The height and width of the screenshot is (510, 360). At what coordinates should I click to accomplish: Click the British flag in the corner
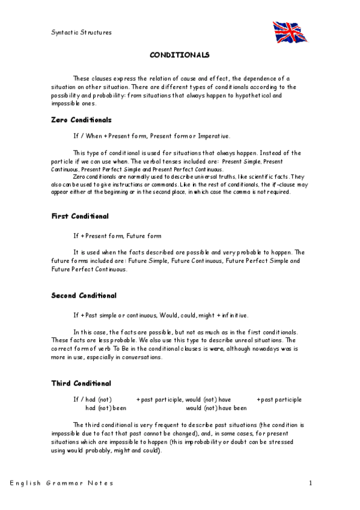290,32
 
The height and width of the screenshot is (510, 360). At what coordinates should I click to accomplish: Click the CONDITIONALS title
179,55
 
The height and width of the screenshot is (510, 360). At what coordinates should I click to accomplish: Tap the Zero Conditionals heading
82,120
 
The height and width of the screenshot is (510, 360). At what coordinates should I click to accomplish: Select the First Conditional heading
80,216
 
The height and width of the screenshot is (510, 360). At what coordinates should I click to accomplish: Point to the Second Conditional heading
84,296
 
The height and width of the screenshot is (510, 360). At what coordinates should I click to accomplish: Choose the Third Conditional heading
81,383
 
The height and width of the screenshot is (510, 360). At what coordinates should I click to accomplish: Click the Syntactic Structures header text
81,32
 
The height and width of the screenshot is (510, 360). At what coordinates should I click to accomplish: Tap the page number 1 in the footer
310,483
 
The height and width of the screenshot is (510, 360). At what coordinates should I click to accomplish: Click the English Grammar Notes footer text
61,483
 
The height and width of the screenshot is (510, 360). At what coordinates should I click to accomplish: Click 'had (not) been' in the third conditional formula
106,408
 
